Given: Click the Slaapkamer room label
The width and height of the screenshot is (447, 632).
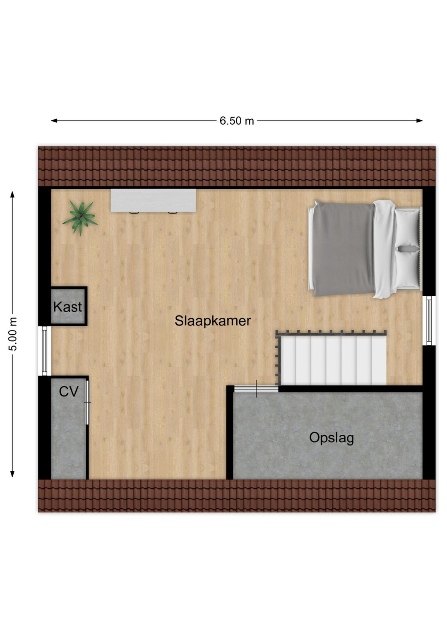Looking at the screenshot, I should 213,321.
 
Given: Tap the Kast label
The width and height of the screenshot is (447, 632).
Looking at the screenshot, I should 67,307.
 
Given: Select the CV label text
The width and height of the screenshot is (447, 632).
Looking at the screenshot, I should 68,391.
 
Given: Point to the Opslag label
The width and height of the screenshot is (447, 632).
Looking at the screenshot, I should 332,438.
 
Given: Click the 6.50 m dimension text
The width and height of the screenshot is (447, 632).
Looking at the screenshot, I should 236,121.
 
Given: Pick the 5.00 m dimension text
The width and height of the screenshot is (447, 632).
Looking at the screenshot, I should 13,334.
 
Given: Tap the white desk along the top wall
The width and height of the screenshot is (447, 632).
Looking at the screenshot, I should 153,200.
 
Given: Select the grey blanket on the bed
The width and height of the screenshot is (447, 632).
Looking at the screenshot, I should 343,248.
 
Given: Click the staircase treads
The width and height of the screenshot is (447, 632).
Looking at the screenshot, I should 333,359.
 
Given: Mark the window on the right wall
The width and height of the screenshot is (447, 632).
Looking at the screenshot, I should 429,320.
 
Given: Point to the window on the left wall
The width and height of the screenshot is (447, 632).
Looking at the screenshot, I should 45,351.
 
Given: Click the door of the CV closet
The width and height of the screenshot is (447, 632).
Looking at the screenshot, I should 87,403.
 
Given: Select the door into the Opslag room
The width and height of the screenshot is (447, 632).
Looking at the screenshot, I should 256,389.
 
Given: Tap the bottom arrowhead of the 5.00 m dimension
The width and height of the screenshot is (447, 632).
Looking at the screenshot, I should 13,474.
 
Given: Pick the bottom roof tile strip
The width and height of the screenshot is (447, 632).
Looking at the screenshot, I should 236,496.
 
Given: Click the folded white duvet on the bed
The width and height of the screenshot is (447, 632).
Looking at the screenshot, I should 385,248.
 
